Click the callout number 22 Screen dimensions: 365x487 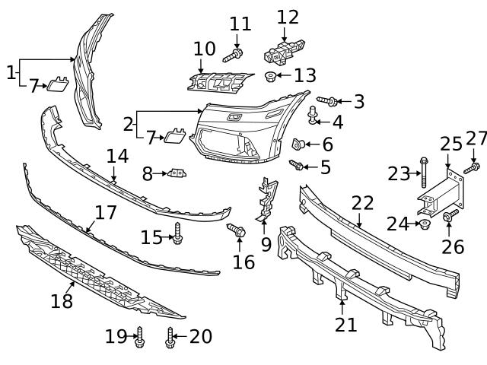(363, 203)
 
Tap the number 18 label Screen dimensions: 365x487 (62, 301)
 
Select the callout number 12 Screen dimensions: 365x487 (288, 17)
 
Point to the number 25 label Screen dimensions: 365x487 (451, 144)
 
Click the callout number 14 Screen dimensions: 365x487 (117, 157)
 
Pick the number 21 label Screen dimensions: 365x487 (346, 325)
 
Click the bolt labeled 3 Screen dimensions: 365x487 (326, 100)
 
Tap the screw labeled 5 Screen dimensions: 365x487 (297, 164)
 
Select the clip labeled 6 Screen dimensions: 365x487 (299, 143)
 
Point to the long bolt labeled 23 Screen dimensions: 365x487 (423, 173)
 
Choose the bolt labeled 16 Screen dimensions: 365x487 (236, 229)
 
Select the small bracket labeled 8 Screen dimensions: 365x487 (178, 173)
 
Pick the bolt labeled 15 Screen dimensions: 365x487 (177, 233)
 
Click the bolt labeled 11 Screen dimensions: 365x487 (233, 54)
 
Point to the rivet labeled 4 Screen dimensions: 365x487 (312, 116)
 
